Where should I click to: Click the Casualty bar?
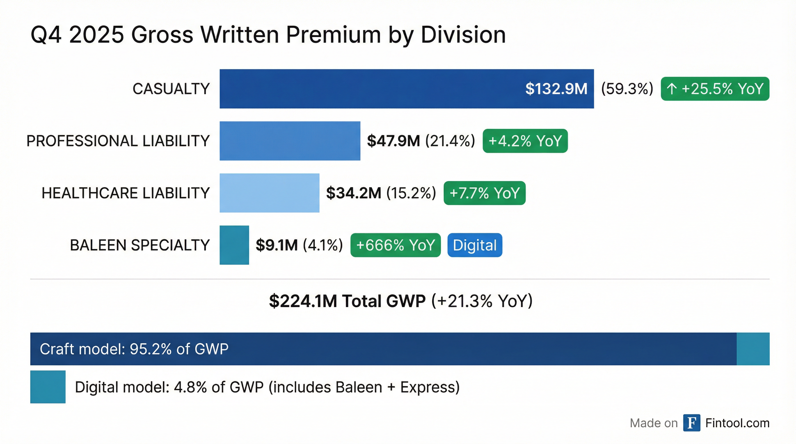(x=371, y=89)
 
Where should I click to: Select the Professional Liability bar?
(x=290, y=141)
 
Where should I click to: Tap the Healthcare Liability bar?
(x=270, y=193)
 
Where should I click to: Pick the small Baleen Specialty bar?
(x=234, y=245)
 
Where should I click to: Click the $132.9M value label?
(x=556, y=89)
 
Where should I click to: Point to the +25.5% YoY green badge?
(x=715, y=89)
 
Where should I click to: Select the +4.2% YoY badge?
(x=525, y=141)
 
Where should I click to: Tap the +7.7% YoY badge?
(x=484, y=193)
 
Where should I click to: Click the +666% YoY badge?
(x=395, y=245)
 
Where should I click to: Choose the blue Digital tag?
(x=475, y=245)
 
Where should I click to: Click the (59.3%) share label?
(x=627, y=89)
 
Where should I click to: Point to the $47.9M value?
(x=393, y=141)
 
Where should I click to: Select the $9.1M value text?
(x=277, y=245)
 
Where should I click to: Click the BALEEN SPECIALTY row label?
(x=140, y=245)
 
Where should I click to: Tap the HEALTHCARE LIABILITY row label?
(x=126, y=193)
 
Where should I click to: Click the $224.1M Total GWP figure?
(x=347, y=301)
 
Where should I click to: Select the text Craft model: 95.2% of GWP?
(x=134, y=349)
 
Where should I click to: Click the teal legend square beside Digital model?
(x=48, y=386)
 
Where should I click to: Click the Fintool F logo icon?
(x=692, y=423)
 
